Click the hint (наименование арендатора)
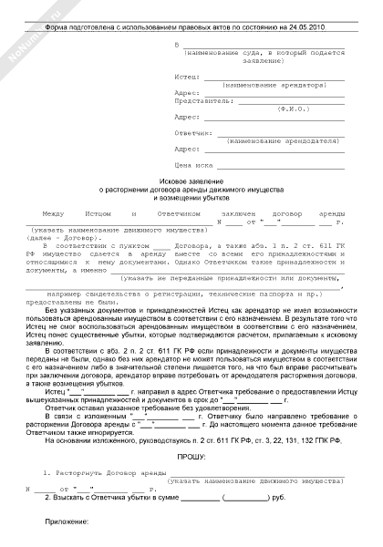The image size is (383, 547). click(274, 87)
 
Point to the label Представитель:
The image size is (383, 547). click(200, 102)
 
